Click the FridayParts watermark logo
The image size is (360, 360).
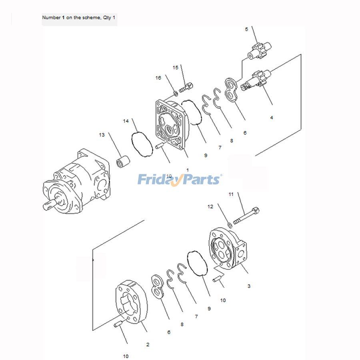(179, 180)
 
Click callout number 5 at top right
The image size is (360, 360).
(246, 29)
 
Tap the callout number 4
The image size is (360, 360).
(272, 118)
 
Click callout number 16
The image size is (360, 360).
(158, 78)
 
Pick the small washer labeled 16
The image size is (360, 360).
(176, 94)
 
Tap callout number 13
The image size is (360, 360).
(102, 135)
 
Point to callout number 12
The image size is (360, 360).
(210, 207)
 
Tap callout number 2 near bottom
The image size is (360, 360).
(148, 344)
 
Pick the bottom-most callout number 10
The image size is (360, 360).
(126, 356)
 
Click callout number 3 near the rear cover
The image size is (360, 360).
(249, 286)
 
